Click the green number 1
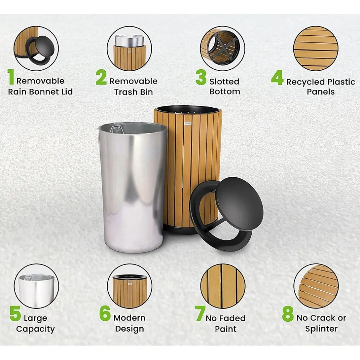pos(11,77)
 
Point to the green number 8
pos(288,314)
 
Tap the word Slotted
pos(224,82)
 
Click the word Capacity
pos(35,329)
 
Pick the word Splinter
pos(321,329)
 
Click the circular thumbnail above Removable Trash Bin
pos(129,48)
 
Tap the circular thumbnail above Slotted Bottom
pos(222,48)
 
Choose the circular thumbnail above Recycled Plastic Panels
pos(316,48)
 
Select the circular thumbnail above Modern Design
pos(129,286)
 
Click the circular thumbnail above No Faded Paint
pos(223,286)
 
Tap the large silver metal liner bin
pos(133,187)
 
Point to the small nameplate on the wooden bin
pos(188,124)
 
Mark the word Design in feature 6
pos(129,329)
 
